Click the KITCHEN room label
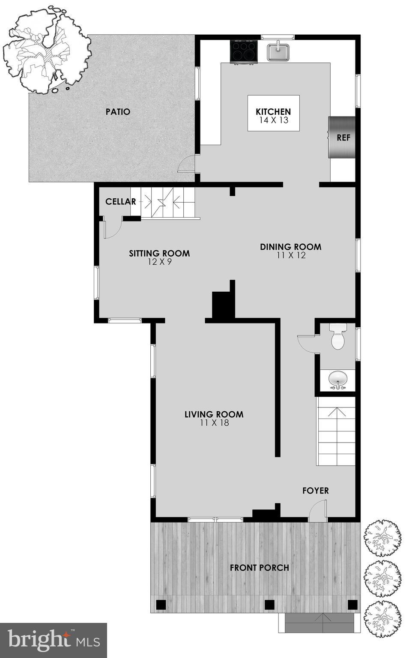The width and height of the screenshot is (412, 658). [x=273, y=112]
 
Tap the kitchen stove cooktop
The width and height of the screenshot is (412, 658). [x=244, y=51]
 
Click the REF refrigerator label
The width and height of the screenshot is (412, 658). [x=343, y=138]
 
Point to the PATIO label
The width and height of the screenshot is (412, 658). [x=118, y=112]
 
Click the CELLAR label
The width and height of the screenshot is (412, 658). [x=121, y=201]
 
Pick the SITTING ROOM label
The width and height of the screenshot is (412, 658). [x=159, y=253]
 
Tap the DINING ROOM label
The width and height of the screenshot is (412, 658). [x=291, y=247]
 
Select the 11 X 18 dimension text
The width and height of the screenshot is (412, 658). [x=214, y=423]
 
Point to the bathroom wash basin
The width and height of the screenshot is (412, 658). [x=338, y=379]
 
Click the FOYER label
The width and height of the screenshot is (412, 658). [x=316, y=491]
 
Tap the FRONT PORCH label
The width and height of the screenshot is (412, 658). [x=260, y=568]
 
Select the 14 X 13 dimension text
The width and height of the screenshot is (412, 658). [x=274, y=120]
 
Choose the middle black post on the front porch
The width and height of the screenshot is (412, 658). [x=269, y=604]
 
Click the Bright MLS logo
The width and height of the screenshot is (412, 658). [x=54, y=640]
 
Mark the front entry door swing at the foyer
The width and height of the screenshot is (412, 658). [x=317, y=512]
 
